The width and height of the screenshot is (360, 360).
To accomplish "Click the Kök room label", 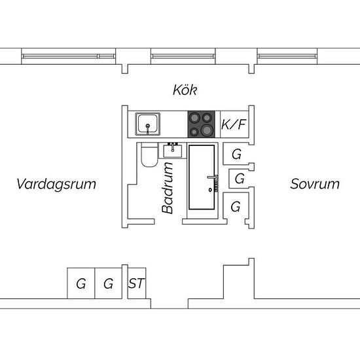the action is click(185, 90).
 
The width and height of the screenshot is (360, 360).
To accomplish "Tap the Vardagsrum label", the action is click(56, 184).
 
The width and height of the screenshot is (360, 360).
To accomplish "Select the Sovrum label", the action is click(315, 184).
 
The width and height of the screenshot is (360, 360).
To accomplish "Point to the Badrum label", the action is click(167, 188).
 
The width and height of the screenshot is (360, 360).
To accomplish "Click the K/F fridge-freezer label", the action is click(234, 124).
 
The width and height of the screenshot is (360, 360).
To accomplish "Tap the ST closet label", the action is click(137, 283).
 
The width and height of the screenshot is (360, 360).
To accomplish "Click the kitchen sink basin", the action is click(148, 124).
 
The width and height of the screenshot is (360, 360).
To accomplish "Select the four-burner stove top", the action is click(202, 124).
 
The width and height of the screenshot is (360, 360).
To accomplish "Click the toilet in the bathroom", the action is click(149, 154).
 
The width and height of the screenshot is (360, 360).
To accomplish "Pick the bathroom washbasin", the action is click(173, 151).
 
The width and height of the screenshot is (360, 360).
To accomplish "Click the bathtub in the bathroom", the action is click(202, 177).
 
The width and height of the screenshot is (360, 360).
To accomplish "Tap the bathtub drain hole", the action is click(210, 190).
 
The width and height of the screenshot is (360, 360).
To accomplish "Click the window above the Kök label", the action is click(183, 56).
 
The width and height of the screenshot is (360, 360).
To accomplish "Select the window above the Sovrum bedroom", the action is click(287, 56).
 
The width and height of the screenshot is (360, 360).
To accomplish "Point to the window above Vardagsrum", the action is click(69, 56).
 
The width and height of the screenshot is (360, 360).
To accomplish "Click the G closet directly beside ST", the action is click(109, 283).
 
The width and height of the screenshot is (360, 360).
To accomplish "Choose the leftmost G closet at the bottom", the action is click(81, 283).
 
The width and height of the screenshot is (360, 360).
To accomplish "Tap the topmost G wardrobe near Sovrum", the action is click(236, 153).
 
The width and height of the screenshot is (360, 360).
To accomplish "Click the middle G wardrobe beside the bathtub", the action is click(240, 178).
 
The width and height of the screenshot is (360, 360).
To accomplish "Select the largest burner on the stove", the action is click(207, 130).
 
